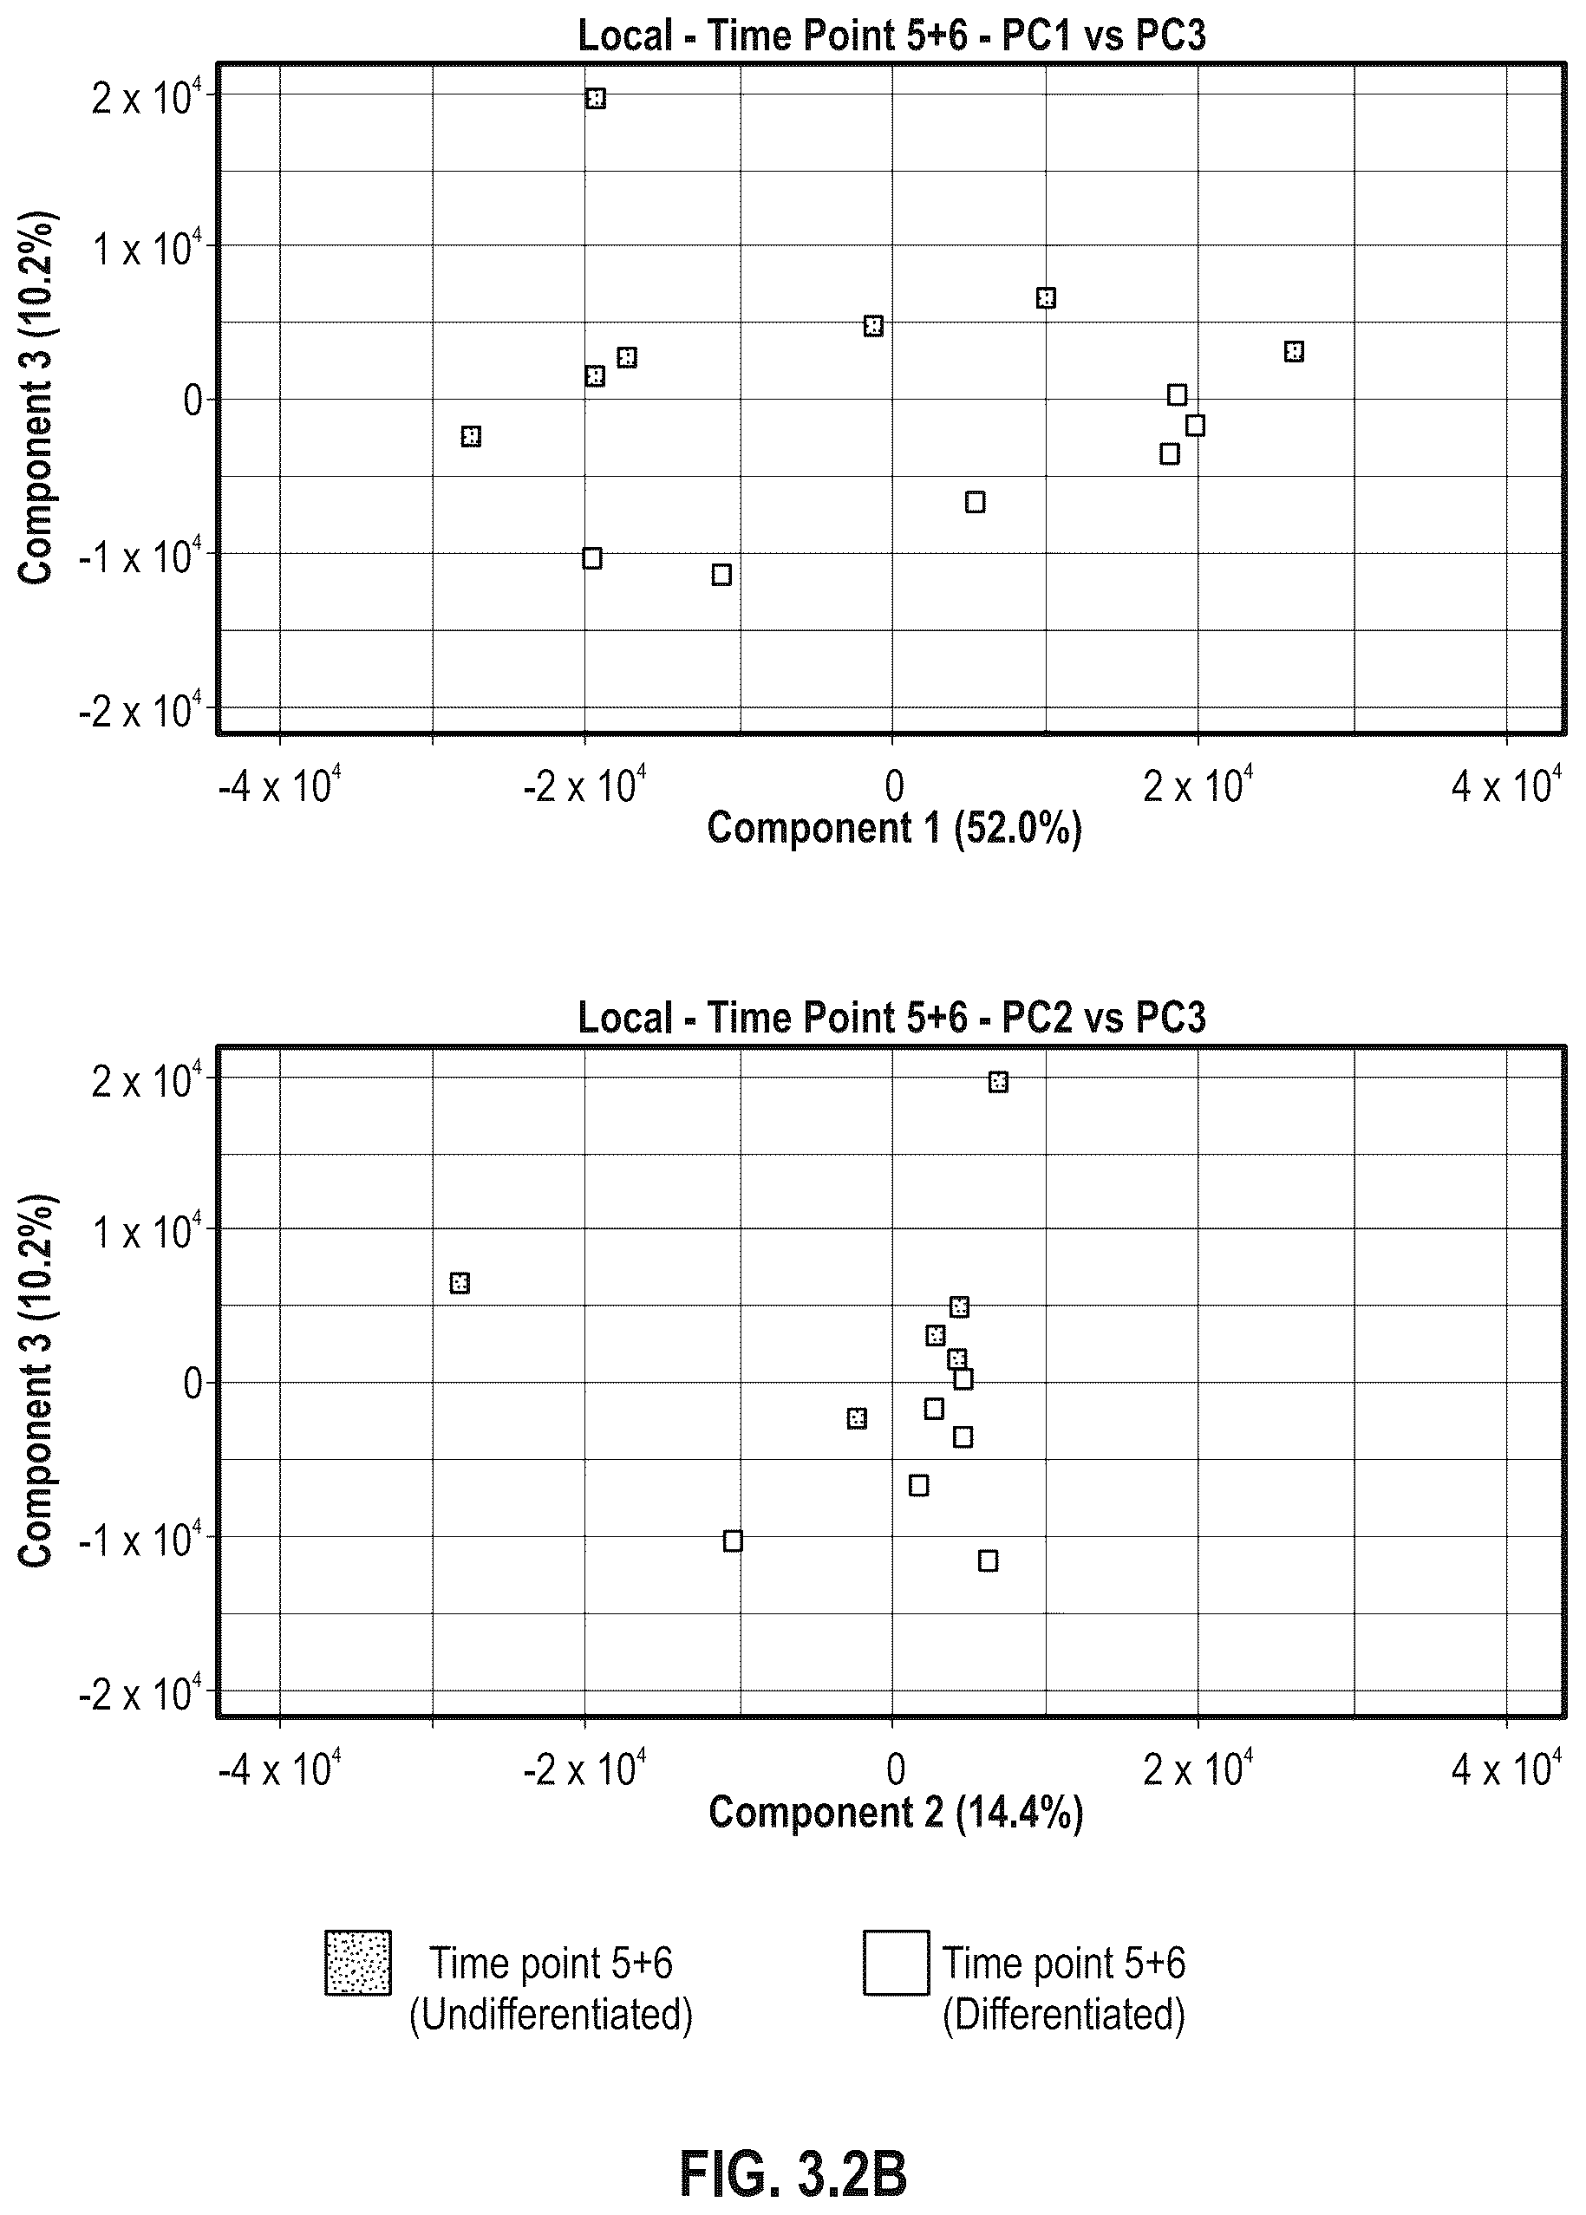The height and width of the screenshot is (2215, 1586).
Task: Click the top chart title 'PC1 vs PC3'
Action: click(1105, 36)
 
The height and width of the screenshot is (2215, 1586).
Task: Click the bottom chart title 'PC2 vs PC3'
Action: click(1105, 1017)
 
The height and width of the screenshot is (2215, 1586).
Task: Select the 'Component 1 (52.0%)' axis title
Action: click(895, 828)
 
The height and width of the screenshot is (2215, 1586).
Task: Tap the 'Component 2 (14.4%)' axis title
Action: click(896, 1812)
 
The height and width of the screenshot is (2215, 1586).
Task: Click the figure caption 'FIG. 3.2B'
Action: click(793, 2147)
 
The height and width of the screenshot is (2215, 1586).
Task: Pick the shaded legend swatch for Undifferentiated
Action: click(358, 1962)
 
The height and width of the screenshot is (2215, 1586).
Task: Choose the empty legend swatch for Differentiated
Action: click(896, 1962)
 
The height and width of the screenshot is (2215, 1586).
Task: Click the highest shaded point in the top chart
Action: click(596, 99)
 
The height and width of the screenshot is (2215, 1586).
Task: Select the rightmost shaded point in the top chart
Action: click(1294, 351)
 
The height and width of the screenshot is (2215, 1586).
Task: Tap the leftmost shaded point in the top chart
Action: click(471, 436)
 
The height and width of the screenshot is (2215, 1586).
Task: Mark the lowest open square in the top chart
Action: click(721, 575)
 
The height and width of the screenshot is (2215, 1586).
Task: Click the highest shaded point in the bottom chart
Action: click(998, 1082)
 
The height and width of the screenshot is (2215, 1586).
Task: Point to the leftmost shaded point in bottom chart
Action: click(460, 1283)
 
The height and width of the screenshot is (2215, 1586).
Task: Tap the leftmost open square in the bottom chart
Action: click(733, 1541)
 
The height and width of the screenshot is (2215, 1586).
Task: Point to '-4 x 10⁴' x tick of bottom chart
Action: click(280, 1767)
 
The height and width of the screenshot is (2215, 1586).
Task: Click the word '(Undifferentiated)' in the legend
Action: click(551, 2014)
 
